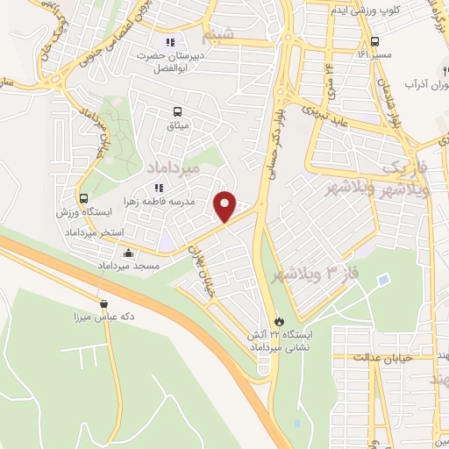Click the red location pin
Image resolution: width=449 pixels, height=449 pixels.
point(225,206)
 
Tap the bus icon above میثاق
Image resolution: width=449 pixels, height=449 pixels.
point(179,111)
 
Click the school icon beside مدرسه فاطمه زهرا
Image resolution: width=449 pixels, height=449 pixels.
point(159,187)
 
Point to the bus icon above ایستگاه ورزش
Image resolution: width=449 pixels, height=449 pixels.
point(84,198)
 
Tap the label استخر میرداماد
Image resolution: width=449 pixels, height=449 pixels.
point(96,232)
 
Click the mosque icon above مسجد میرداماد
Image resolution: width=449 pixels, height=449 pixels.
point(129,253)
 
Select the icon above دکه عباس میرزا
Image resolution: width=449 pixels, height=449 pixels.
point(103,304)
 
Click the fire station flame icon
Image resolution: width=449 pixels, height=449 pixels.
point(279,322)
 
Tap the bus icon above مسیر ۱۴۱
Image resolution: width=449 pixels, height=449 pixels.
point(375,40)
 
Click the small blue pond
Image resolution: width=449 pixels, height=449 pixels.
point(382,280)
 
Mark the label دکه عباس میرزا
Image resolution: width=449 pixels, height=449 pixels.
point(103,317)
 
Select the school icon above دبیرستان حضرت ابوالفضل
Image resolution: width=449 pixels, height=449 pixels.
point(171,41)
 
